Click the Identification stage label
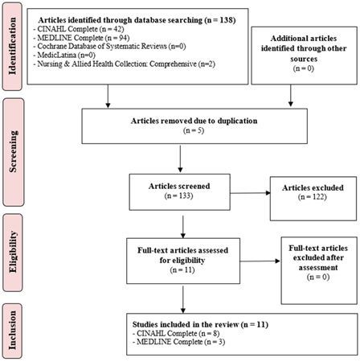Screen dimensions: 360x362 12,46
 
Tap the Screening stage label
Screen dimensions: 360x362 14,151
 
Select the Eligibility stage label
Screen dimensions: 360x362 13,252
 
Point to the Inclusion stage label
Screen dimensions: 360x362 12,331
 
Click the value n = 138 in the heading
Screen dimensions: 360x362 220,20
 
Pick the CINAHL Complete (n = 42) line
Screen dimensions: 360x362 79,29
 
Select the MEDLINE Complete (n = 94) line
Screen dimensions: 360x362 81,38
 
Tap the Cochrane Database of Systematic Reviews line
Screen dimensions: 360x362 109,47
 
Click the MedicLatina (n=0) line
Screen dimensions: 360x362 64,56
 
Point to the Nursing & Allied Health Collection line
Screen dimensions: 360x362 125,64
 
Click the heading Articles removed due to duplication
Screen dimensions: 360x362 194,121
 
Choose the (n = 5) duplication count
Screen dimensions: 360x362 194,130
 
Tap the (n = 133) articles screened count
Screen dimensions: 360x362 179,195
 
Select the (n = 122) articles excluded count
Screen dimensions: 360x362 313,197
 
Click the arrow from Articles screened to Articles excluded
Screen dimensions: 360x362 250,193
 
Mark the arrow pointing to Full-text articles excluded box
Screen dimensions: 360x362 260,261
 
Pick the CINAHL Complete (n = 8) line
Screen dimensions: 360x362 176,333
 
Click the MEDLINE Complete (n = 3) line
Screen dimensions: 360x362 178,342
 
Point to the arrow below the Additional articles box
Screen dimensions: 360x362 291,96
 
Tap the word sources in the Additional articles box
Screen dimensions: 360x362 304,59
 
